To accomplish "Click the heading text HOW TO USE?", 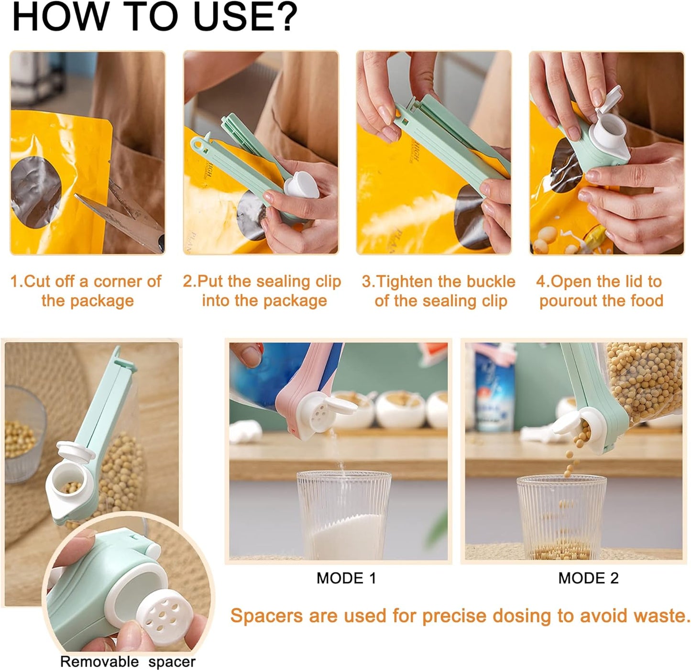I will (x=154, y=17).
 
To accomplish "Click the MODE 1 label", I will (x=346, y=578).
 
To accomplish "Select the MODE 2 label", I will (x=588, y=578).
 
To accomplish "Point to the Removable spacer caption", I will (x=128, y=662).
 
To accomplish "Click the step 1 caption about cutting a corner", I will (x=87, y=291).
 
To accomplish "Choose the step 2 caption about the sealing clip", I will (x=262, y=291).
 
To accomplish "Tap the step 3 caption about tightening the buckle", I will (x=439, y=291).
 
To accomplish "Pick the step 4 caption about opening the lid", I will (x=601, y=291).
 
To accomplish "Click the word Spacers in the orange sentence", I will (x=267, y=616).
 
